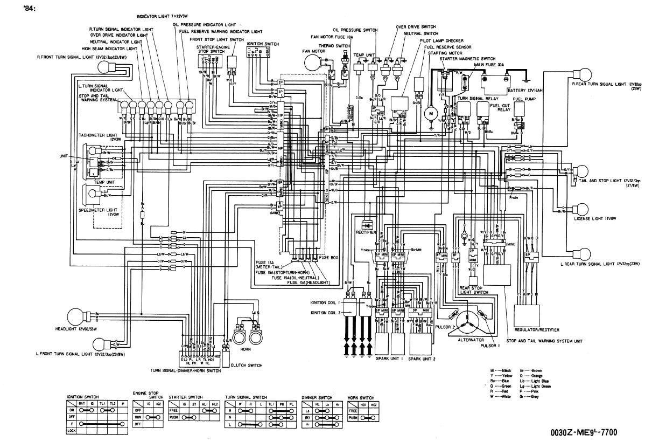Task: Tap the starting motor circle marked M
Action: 431,115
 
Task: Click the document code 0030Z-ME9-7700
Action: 584,432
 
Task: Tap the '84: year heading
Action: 30,7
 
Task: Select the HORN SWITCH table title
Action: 361,397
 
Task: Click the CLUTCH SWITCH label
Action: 248,366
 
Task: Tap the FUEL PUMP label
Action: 522,99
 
